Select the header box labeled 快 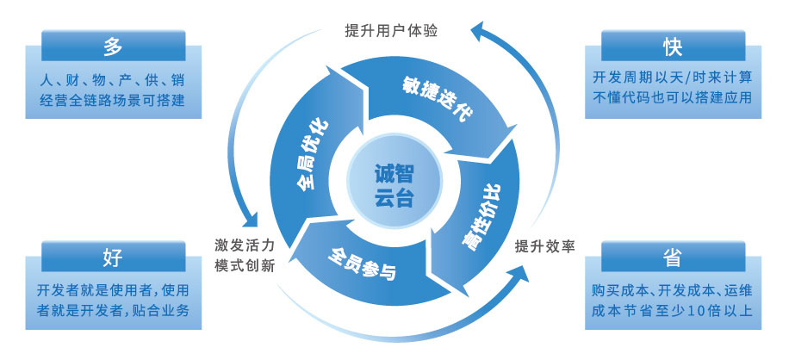674,44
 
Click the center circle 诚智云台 394,185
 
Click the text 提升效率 544,246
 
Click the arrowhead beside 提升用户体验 481,33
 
